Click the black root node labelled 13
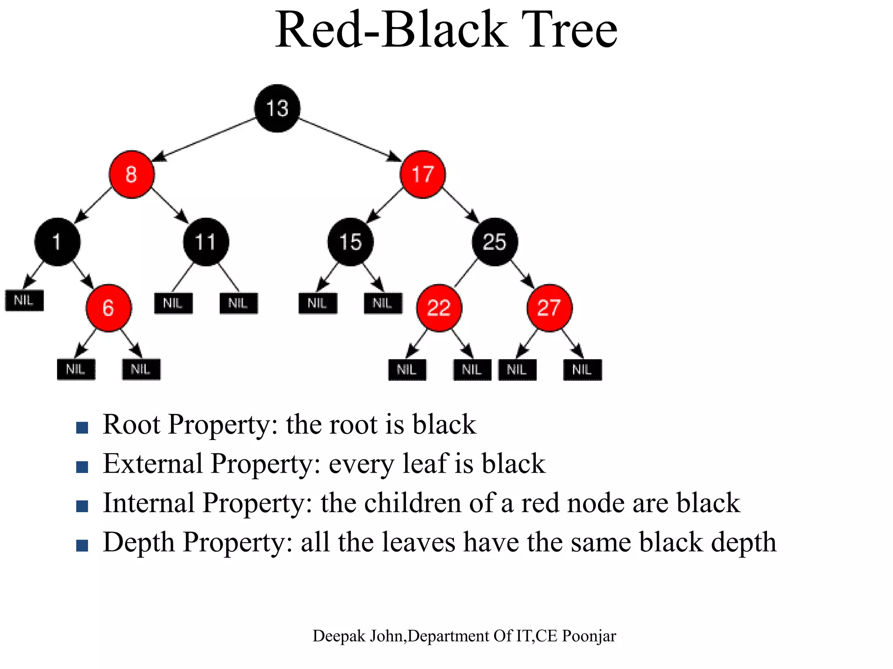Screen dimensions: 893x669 (x=277, y=108)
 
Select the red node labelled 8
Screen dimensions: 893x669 (x=131, y=174)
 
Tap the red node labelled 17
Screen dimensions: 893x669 (x=423, y=174)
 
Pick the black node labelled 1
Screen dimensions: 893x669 (x=57, y=242)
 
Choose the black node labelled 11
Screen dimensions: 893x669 (x=206, y=242)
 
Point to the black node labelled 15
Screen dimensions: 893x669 (x=351, y=242)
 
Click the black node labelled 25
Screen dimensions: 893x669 (x=495, y=242)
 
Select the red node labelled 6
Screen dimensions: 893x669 (x=109, y=308)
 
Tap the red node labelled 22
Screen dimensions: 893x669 (x=439, y=308)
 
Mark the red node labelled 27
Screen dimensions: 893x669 (x=549, y=308)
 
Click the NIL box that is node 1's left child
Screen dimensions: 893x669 (x=24, y=301)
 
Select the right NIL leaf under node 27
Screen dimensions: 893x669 (x=583, y=370)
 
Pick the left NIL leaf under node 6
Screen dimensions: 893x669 (x=76, y=370)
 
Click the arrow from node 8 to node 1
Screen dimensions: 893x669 (x=94, y=205)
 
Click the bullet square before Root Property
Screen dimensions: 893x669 (x=82, y=427)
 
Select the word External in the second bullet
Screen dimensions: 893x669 (x=153, y=463)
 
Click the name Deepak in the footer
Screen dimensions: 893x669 (x=339, y=636)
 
